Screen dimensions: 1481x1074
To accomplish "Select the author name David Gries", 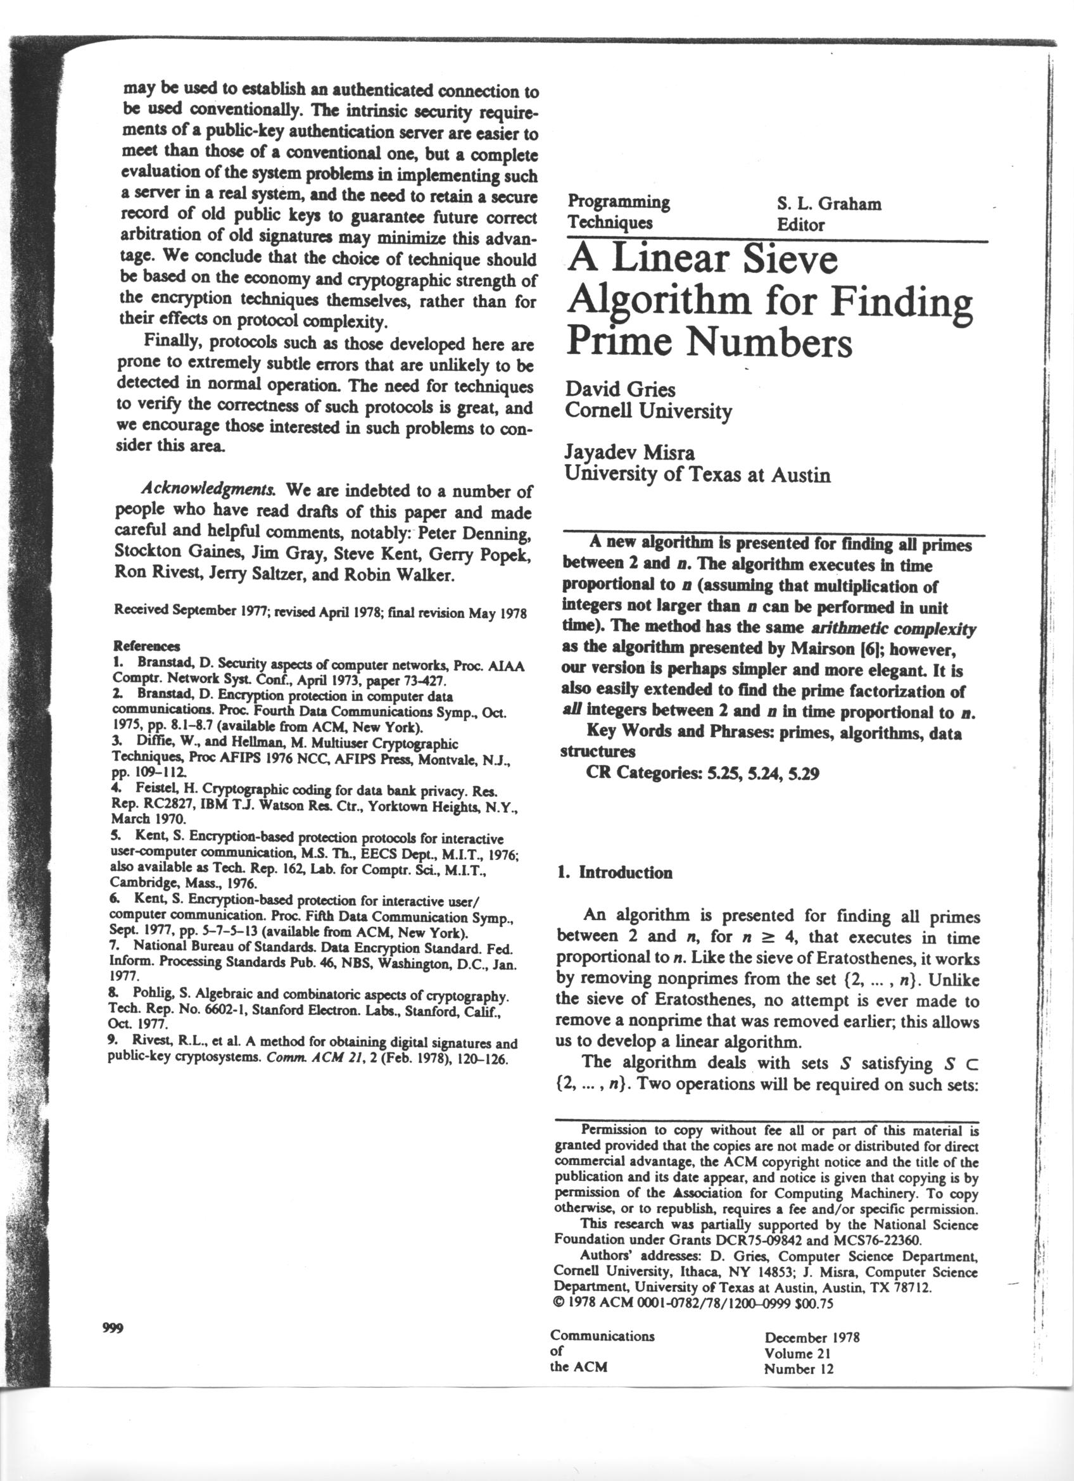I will [620, 390].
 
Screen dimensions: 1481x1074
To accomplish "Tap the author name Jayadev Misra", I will [630, 453].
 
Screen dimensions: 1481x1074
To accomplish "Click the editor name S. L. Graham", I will [828, 204].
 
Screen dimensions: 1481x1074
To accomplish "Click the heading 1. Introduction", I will [614, 873].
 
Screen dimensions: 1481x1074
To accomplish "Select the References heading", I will [147, 646].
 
